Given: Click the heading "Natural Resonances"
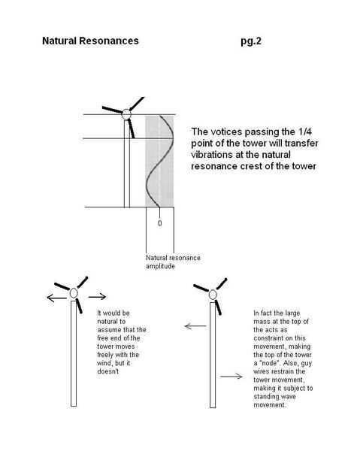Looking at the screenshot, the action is point(90,41).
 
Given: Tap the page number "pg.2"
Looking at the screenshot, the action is point(251,41).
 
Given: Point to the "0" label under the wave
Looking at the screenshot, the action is point(160,223).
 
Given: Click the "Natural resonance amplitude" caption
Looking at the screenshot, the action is point(173,262).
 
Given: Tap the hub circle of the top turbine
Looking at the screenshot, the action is point(126,114).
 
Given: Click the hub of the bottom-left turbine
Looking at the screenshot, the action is point(74,293).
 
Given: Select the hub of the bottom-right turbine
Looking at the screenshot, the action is point(213,295).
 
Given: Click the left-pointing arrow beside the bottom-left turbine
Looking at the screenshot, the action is point(57,298).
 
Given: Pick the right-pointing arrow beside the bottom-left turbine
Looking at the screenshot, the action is point(97,296).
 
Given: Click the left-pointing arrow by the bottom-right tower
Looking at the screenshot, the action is point(195,326).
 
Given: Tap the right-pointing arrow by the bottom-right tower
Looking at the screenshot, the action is point(231,377).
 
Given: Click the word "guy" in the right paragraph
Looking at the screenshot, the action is point(307,364).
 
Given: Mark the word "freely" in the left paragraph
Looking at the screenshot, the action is point(105,355).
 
